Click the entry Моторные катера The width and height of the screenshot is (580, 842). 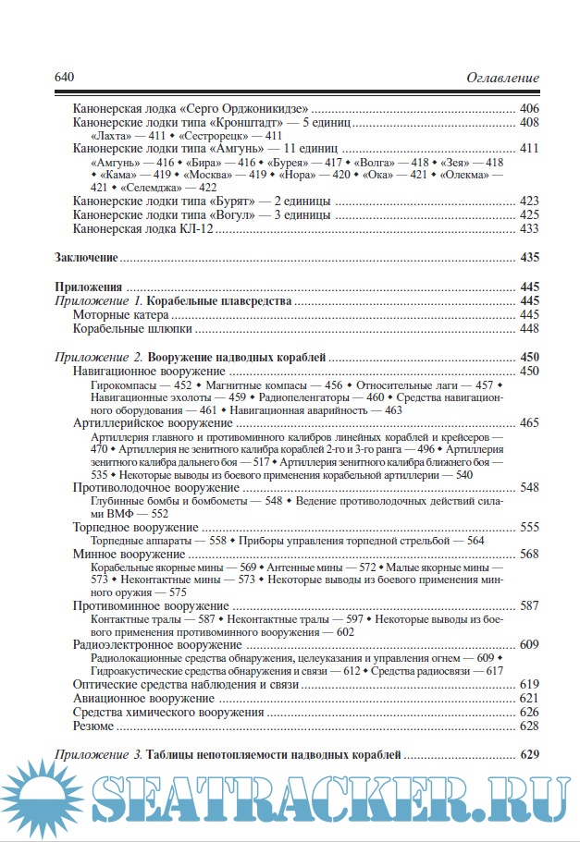click(113, 314)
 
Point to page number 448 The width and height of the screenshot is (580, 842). click(529, 328)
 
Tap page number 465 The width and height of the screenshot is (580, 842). click(529, 421)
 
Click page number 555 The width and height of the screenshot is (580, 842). click(529, 526)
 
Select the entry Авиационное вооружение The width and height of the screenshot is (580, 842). click(134, 698)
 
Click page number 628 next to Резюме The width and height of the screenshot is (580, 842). click(529, 726)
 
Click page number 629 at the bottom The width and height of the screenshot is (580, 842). click(529, 755)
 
